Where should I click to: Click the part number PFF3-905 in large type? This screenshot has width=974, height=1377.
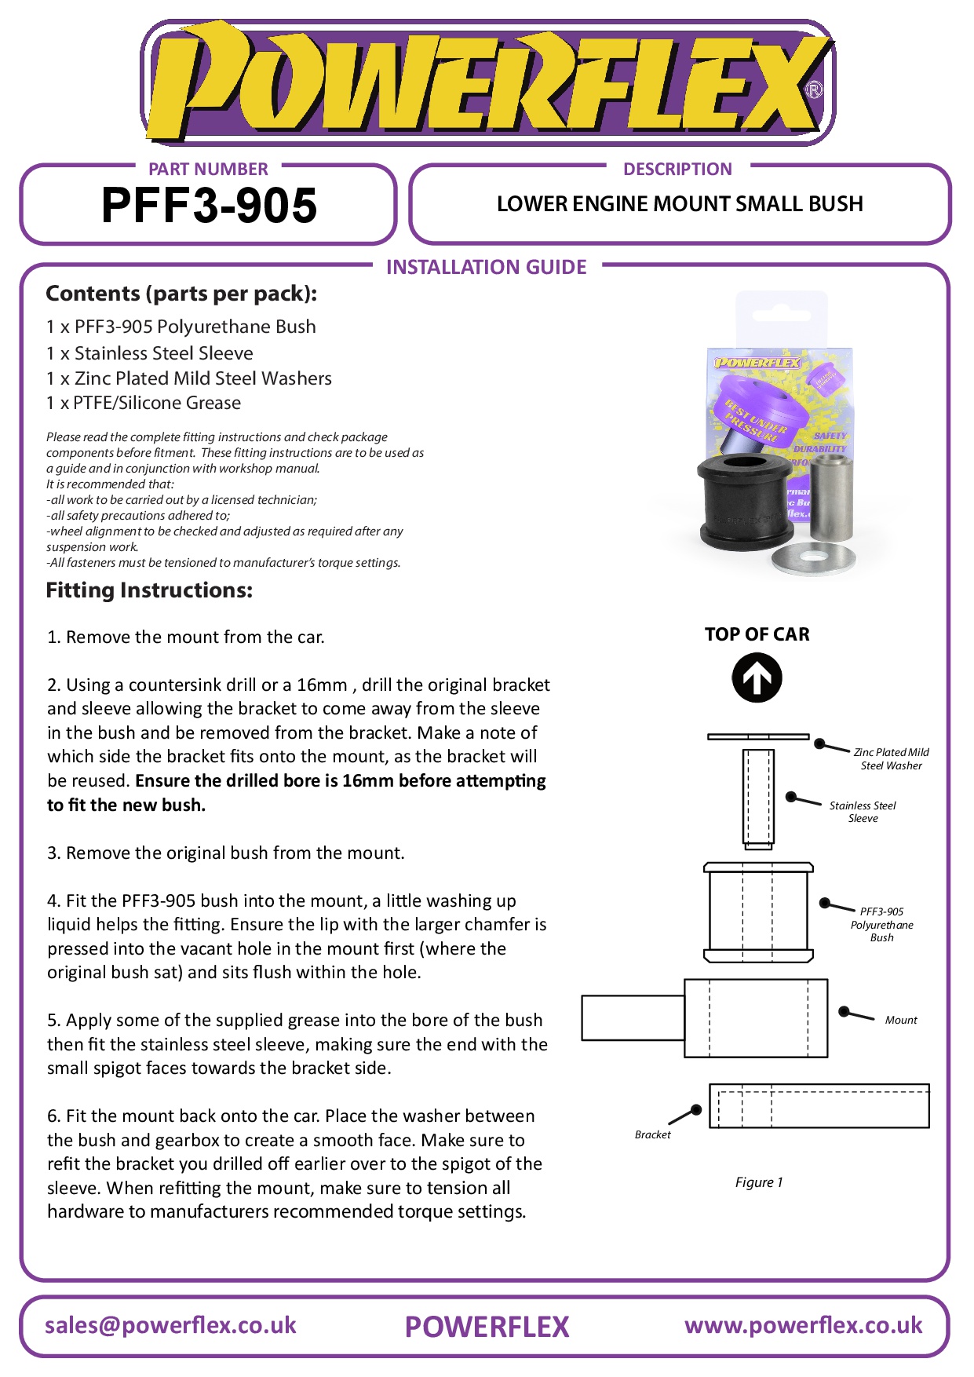click(209, 206)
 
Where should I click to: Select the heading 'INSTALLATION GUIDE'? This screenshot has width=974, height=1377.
click(486, 267)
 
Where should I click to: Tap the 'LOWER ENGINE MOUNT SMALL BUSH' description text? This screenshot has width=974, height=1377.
click(679, 204)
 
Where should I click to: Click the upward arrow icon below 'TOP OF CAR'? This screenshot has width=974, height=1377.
click(757, 678)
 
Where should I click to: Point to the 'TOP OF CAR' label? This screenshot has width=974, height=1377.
click(757, 634)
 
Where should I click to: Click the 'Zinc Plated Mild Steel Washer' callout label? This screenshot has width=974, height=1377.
click(891, 758)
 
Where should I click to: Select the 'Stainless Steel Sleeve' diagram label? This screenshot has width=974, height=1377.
click(863, 812)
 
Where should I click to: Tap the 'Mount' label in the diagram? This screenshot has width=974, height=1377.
click(900, 1020)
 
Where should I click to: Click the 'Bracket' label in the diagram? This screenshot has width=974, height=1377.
click(652, 1134)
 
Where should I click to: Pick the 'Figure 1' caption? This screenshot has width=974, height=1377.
click(758, 1182)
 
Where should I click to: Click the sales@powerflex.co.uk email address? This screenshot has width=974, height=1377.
click(170, 1325)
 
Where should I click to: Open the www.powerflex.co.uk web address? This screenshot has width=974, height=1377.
click(803, 1325)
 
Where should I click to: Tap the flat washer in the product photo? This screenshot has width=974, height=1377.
click(812, 557)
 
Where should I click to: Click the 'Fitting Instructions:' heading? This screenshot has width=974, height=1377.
click(149, 590)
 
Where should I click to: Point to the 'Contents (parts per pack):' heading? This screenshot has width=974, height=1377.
click(181, 294)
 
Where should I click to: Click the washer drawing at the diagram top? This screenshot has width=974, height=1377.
click(757, 736)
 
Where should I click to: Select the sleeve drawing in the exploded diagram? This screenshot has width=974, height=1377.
click(758, 798)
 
